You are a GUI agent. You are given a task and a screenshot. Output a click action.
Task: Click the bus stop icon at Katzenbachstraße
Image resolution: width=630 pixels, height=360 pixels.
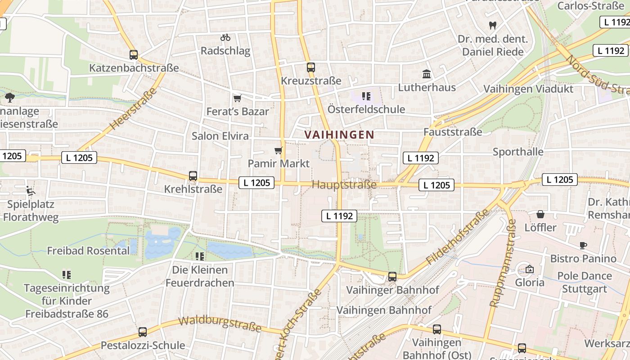pyautogui.click(x=134, y=55)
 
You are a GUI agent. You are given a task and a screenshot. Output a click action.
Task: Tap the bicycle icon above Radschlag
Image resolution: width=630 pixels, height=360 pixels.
pyautogui.click(x=225, y=37)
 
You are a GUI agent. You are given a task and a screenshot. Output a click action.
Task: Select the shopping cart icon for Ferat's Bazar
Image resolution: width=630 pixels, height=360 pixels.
pyautogui.click(x=237, y=98)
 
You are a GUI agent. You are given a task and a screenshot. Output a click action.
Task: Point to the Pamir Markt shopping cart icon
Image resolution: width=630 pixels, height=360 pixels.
pyautogui.click(x=279, y=150)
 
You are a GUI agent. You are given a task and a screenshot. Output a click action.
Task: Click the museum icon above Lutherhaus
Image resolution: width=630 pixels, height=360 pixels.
pyautogui.click(x=426, y=74)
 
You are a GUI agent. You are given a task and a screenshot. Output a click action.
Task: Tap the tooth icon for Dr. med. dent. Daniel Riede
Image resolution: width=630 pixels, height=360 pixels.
pyautogui.click(x=493, y=26)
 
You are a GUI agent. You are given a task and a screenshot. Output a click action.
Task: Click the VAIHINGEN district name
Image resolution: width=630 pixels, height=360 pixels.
pyautogui.click(x=339, y=135)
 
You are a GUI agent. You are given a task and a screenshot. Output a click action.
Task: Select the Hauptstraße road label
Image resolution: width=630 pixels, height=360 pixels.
pyautogui.click(x=344, y=185)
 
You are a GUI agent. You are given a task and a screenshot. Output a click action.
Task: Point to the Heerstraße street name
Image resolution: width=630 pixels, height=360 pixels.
pyautogui.click(x=133, y=109)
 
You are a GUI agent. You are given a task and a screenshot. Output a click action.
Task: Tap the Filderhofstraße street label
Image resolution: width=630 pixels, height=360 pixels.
pyautogui.click(x=457, y=237)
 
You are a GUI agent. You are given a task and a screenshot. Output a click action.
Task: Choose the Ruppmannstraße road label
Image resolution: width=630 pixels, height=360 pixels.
pyautogui.click(x=502, y=266)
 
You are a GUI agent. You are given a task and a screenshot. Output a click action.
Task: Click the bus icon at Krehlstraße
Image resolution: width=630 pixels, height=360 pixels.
pyautogui.click(x=193, y=176)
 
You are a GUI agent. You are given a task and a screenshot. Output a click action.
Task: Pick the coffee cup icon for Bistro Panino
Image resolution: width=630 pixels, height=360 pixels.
pyautogui.click(x=583, y=245)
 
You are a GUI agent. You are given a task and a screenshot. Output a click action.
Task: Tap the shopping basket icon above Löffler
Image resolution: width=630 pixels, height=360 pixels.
pyautogui.click(x=540, y=214)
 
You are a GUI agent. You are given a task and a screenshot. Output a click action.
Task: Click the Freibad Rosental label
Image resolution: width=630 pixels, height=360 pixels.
pyautogui.click(x=88, y=251)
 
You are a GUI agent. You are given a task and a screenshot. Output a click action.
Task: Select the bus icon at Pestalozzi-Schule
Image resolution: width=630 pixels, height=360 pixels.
pyautogui.click(x=143, y=332)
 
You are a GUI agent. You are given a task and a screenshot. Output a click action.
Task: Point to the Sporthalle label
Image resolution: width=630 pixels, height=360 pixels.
pyautogui.click(x=518, y=152)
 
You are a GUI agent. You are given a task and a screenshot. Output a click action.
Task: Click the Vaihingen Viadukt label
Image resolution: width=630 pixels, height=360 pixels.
pyautogui.click(x=528, y=89)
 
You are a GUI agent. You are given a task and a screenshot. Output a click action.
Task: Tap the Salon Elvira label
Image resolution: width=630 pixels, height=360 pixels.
pyautogui.click(x=220, y=135)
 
